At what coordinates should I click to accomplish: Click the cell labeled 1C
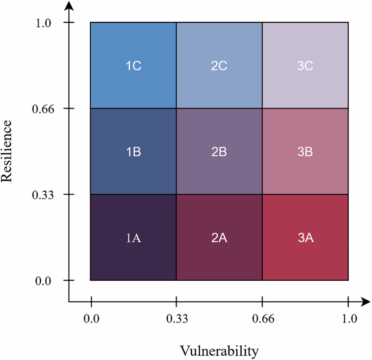pyautogui.click(x=133, y=66)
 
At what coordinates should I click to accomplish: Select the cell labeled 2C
pyautogui.click(x=219, y=66)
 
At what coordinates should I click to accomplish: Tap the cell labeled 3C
pyautogui.click(x=305, y=66)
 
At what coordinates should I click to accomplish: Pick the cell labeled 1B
pyautogui.click(x=133, y=151)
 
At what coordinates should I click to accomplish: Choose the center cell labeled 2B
pyautogui.click(x=219, y=151)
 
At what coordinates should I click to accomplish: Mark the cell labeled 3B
pyautogui.click(x=305, y=151)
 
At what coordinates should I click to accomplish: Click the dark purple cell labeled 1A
pyautogui.click(x=133, y=237)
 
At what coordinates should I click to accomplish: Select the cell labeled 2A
pyautogui.click(x=219, y=237)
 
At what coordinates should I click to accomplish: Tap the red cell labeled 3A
pyautogui.click(x=305, y=237)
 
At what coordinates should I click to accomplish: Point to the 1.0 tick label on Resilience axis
pyautogui.click(x=44, y=23)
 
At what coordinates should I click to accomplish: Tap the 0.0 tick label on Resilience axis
pyautogui.click(x=44, y=281)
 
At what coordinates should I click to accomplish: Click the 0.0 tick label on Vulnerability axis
pyautogui.click(x=91, y=319)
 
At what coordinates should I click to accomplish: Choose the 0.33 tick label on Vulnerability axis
pyautogui.click(x=176, y=319)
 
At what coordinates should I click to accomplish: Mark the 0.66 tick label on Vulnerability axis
pyautogui.click(x=262, y=319)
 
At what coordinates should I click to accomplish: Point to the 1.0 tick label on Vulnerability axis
pyautogui.click(x=348, y=319)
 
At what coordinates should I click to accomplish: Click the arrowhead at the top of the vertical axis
pyautogui.click(x=69, y=6)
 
